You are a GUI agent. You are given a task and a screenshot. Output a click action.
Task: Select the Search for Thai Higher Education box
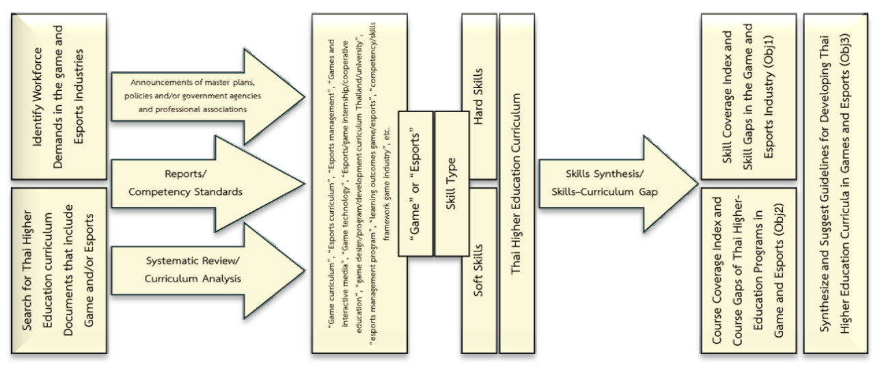coord(58,270)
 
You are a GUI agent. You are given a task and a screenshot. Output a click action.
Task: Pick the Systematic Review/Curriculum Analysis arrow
coord(205,266)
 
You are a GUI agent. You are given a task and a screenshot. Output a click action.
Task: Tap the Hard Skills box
coord(480,96)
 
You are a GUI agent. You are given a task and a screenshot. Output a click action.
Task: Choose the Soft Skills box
coord(480,270)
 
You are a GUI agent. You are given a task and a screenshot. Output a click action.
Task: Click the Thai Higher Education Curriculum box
coord(519,181)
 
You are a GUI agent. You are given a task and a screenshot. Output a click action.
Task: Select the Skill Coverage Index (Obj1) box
coord(747,96)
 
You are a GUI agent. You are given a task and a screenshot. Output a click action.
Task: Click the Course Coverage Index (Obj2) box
coord(747,270)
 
